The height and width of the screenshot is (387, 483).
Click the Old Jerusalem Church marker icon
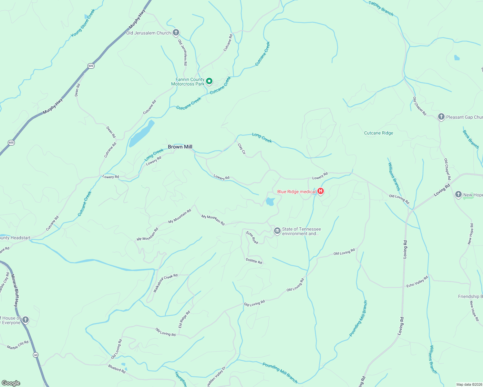[176, 33]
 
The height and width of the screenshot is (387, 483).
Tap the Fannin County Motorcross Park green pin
[209, 81]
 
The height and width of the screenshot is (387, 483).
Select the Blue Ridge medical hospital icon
[321, 191]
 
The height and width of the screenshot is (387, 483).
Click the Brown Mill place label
[180, 147]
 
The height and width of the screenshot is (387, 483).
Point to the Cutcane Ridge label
[378, 133]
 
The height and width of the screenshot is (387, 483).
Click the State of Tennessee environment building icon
[277, 231]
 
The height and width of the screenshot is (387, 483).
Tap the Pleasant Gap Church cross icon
[441, 117]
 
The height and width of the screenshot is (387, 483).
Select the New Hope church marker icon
[458, 194]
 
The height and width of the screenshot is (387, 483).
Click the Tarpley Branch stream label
[381, 8]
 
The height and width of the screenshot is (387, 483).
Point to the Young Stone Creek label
[83, 23]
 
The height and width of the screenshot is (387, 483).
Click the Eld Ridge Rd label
[184, 319]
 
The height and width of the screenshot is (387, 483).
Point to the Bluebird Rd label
[117, 369]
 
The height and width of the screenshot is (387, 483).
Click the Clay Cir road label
[241, 149]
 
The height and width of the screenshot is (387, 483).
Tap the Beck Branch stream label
[470, 139]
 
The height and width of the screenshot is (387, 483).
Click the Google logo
[11, 383]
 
